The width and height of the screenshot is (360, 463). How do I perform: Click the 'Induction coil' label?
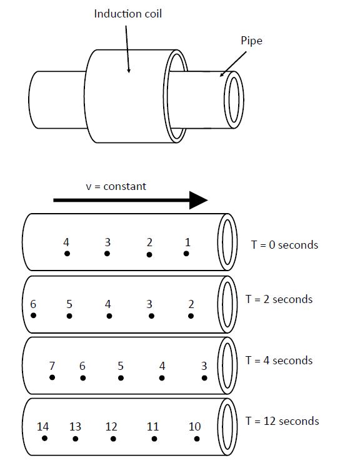(x=128, y=14)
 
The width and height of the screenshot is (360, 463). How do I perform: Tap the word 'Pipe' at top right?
(x=251, y=41)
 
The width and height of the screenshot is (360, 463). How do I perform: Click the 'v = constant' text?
(x=116, y=187)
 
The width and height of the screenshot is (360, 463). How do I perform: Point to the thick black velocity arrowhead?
(x=199, y=200)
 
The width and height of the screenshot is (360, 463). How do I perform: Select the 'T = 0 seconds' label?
(x=285, y=245)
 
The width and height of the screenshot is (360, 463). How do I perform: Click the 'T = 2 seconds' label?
(x=279, y=299)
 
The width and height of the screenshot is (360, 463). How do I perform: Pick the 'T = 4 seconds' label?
(x=279, y=361)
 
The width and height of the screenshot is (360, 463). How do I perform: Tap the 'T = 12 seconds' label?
(x=282, y=421)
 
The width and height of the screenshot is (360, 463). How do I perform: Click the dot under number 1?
(x=186, y=253)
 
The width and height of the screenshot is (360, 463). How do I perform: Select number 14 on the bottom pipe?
(x=42, y=427)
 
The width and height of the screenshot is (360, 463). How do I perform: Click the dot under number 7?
(x=52, y=377)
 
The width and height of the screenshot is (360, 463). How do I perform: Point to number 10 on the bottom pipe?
(x=194, y=427)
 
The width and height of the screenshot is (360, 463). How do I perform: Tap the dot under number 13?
(x=75, y=439)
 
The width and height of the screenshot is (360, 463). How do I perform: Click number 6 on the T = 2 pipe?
(x=33, y=304)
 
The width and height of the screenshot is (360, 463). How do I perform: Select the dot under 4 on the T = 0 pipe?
(x=67, y=253)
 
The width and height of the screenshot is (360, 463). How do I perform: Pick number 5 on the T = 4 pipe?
(x=121, y=366)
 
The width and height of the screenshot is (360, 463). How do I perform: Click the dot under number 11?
(x=154, y=439)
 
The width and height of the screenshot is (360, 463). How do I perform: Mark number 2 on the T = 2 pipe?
(x=191, y=304)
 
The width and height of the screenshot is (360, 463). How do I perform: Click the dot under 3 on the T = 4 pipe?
(x=204, y=377)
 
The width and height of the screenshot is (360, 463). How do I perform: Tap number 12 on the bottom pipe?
(x=111, y=427)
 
